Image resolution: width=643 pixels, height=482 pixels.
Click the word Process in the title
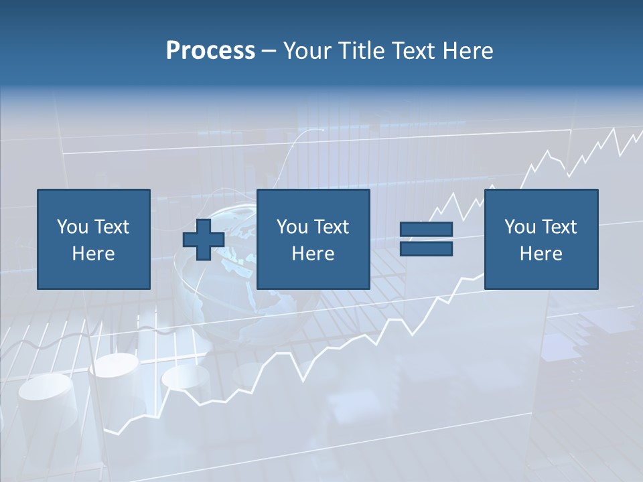point(210,50)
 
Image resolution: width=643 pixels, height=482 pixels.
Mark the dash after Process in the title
point(269,52)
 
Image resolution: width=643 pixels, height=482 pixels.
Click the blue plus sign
point(204,240)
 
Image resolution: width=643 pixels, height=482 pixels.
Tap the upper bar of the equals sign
point(426,230)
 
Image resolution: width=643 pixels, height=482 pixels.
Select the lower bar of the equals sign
point(426,249)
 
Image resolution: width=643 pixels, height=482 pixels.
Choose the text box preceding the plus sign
point(93,240)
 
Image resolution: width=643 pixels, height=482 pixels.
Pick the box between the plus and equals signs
point(313,240)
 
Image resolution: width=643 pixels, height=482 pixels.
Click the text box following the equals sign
point(541,240)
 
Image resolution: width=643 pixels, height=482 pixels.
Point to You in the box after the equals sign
point(520,227)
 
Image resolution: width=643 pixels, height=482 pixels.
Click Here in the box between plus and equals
point(313,254)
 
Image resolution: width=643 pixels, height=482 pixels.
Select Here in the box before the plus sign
point(93,254)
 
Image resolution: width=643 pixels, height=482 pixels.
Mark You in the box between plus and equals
point(292,227)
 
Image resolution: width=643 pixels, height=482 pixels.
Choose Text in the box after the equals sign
point(560,227)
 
